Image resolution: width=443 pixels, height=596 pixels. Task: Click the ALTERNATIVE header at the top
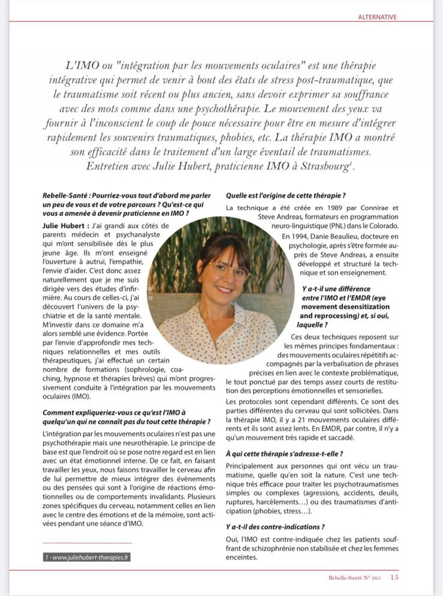(x=377, y=17)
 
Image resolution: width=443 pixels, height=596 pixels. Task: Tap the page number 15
(x=394, y=577)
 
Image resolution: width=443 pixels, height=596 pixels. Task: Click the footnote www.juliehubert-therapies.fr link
(x=87, y=557)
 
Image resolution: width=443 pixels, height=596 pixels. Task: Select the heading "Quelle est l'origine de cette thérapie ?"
(x=285, y=195)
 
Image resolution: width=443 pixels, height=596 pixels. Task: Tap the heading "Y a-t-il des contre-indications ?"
(x=275, y=527)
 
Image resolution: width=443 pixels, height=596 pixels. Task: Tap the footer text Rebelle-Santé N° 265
(x=353, y=578)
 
